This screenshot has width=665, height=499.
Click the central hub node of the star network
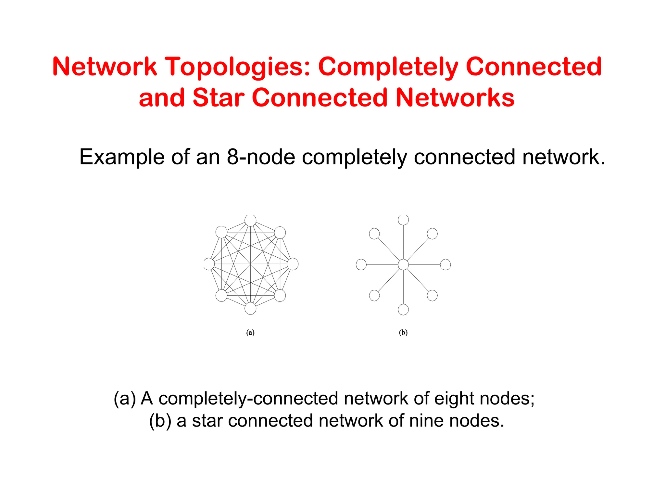point(403,264)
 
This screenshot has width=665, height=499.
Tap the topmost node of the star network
point(403,220)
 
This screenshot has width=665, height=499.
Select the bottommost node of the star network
point(403,309)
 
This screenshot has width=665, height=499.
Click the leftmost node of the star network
point(361,264)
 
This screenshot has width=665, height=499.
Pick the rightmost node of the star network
point(445,264)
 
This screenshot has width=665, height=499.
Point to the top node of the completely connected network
point(250,221)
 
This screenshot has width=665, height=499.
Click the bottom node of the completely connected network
point(250,308)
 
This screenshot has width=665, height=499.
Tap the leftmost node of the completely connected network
point(209,264)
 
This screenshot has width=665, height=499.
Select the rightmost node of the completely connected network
point(293,264)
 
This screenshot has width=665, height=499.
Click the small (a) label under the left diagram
point(250,332)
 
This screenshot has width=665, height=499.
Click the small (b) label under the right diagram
point(403,332)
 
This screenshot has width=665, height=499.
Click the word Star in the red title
point(218,98)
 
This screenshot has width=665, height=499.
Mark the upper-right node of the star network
point(432,234)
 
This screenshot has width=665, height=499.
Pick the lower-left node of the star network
point(374,295)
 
